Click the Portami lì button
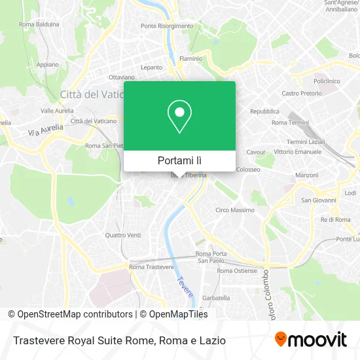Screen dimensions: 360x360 coord(179,160)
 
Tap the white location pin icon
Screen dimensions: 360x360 coord(179,117)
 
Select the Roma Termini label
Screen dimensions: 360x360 coord(289,122)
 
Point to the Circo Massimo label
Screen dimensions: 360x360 coord(234,210)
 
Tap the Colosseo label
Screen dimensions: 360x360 coord(249,169)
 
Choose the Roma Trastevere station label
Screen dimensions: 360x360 coord(151,267)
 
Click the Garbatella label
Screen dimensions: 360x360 coord(216,298)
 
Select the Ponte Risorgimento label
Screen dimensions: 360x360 coord(167,26)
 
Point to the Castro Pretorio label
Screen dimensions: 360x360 coord(301,94)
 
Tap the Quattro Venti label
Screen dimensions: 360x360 coord(122,235)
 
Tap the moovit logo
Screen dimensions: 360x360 coord(311,340)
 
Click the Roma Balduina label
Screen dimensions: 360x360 coord(39,24)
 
